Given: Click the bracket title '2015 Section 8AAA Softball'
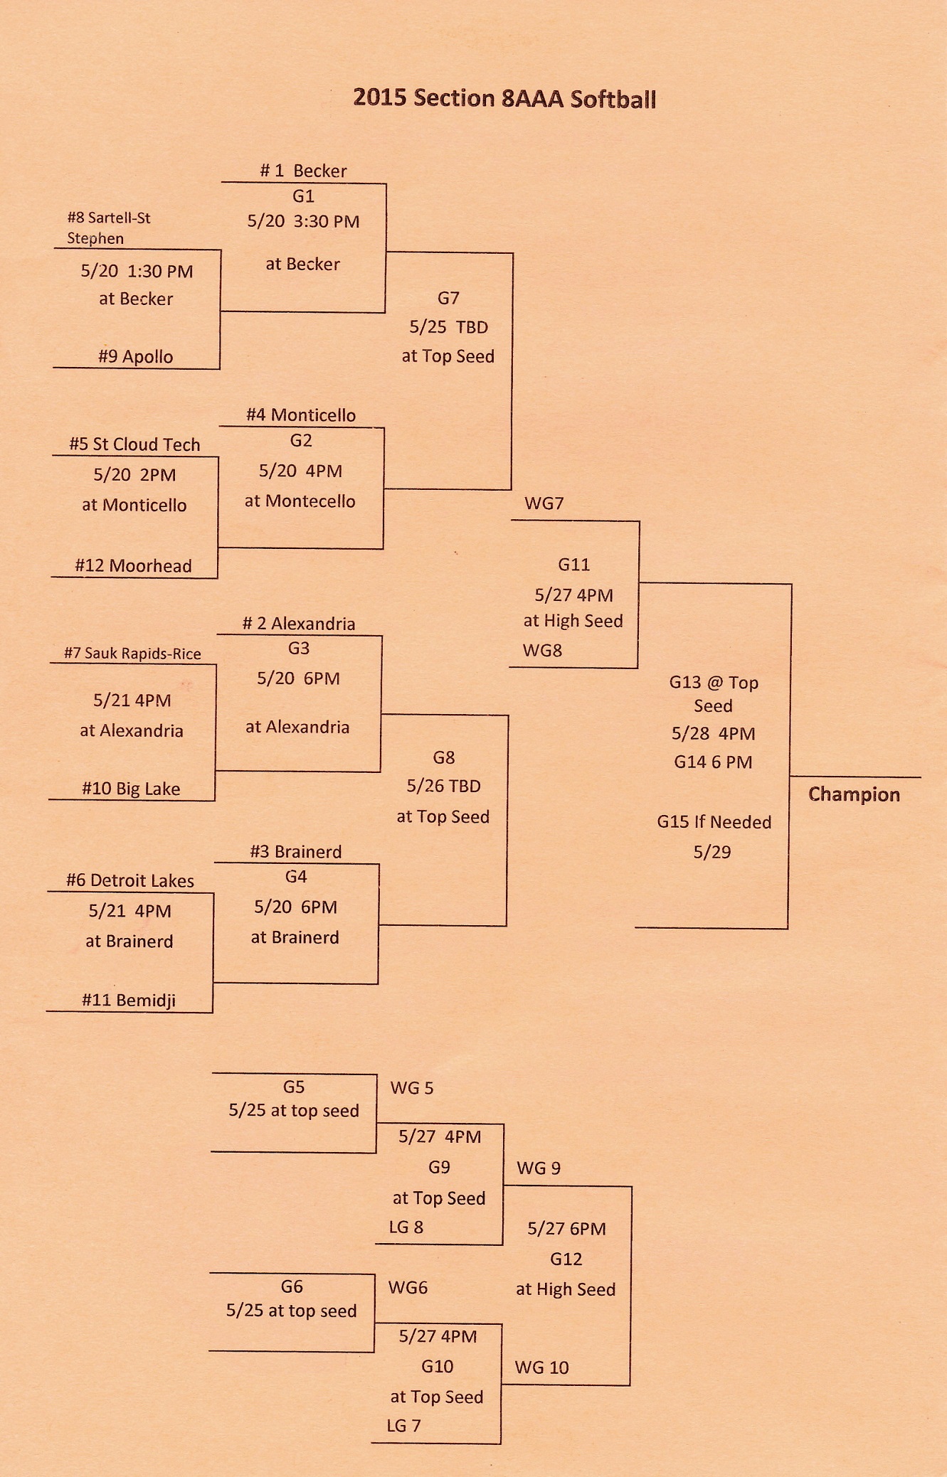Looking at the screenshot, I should pos(504,98).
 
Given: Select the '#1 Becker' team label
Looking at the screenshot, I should pos(303,171).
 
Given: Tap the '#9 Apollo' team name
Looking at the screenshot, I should pos(135,356).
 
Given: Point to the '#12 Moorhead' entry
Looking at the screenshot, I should pos(133,566).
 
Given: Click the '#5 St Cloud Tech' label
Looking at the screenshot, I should pos(134,444).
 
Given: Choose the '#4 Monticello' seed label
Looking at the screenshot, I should pos(301,415).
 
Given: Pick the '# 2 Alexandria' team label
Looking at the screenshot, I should pos(299,624).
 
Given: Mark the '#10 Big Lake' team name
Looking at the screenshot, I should pos(131,789).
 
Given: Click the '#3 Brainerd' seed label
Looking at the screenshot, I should pos(296,852).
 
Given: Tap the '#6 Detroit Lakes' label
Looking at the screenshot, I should pos(130,880).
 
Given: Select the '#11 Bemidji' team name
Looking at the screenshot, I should pos(129,1001).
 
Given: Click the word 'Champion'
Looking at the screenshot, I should pos(854,794).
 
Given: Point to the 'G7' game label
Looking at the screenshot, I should pos(448,298).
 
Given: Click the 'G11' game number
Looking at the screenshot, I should pos(573,565).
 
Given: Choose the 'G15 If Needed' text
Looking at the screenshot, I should pos(714,822).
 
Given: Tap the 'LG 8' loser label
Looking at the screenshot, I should pos(406,1227).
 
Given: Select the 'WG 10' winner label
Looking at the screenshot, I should pos(541,1367).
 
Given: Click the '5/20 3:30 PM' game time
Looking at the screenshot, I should pos(303,221).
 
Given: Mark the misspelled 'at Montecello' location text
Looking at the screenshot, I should pos(300,501).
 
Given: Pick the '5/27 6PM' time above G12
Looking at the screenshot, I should pos(566,1229).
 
